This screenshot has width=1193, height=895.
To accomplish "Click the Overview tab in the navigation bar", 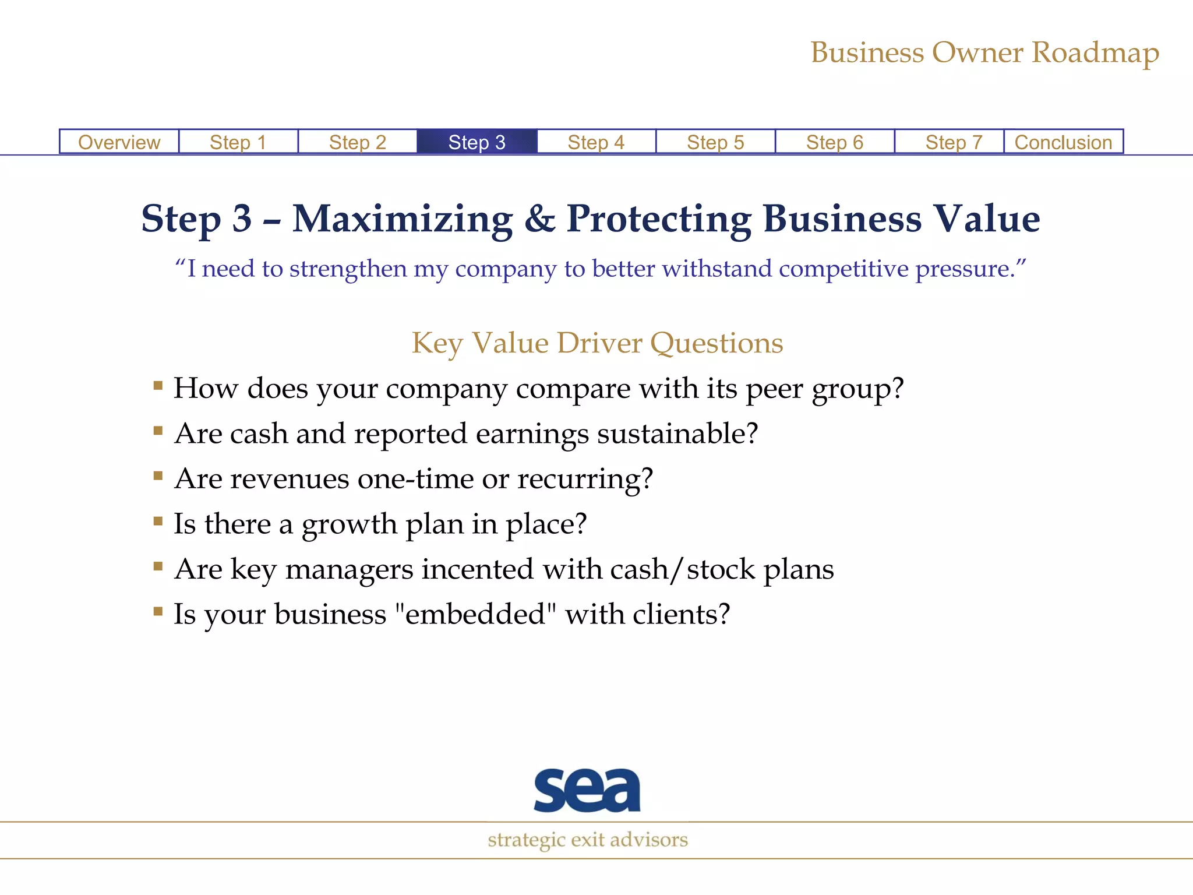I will tap(119, 142).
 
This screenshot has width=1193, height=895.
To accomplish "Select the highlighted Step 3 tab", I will tap(477, 142).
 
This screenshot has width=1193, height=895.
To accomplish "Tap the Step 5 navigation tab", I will tap(715, 142).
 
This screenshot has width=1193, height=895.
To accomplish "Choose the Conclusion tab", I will tap(1063, 142).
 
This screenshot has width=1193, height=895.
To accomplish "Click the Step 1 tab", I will tap(238, 142).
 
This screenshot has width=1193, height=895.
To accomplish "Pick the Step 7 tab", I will tap(954, 142).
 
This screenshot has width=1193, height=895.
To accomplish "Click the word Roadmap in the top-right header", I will tap(1095, 53).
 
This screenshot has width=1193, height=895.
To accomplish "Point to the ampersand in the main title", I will tap(539, 219).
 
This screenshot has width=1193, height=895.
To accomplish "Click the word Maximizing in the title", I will tap(403, 219).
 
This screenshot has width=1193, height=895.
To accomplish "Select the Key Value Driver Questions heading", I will tap(597, 343).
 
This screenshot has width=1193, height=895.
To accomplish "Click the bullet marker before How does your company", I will tap(158, 385).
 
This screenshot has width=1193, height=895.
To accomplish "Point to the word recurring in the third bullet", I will tap(585, 479).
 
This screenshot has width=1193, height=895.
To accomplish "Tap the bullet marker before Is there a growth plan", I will tap(158, 521).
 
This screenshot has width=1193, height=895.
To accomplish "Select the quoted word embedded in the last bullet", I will tap(475, 614).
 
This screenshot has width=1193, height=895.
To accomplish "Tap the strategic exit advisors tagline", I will tap(588, 840).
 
